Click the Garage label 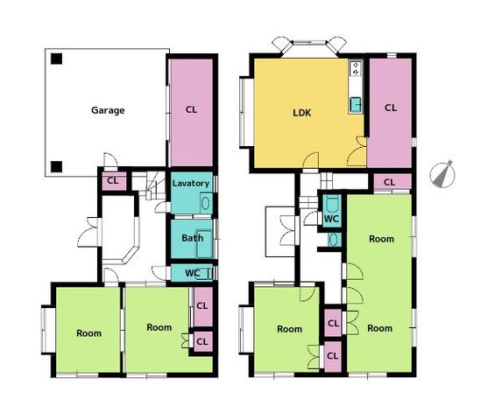point(108,110)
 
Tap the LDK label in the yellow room point(302,113)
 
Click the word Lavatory point(191,183)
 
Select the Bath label point(192,238)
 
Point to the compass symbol point(442,174)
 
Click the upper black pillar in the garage point(56,59)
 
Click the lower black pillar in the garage point(56,166)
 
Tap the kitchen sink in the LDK point(356,105)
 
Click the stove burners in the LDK point(356,69)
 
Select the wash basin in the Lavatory point(205,203)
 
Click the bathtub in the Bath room point(204,243)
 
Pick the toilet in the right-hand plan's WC point(331,204)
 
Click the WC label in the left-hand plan point(193,273)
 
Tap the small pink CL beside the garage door point(114,181)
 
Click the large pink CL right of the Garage point(191,113)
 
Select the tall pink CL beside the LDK point(390,113)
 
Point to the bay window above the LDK point(309,47)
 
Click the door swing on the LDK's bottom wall point(311,160)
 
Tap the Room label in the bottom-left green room point(88,333)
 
